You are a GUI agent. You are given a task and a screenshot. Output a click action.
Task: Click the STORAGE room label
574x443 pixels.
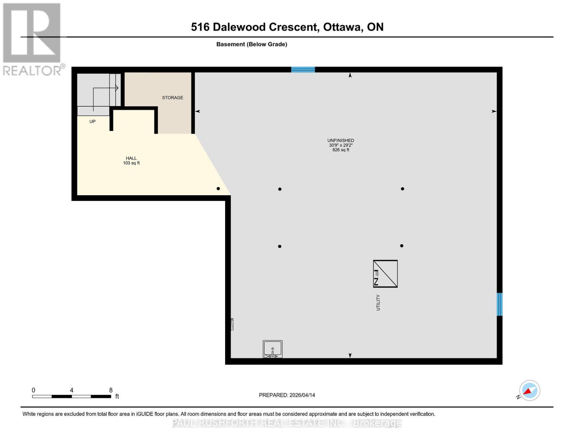pyautogui.click(x=173, y=98)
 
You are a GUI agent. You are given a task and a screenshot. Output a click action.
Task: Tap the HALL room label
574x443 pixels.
pyautogui.click(x=131, y=158)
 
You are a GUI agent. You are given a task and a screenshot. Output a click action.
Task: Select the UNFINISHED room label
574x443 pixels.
pyautogui.click(x=340, y=140)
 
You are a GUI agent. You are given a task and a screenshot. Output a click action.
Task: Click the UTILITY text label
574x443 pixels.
pyautogui.click(x=378, y=302)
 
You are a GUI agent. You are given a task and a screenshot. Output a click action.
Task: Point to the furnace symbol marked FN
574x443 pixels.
pyautogui.click(x=385, y=274)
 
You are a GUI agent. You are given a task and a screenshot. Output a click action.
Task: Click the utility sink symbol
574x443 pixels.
pyautogui.click(x=273, y=349)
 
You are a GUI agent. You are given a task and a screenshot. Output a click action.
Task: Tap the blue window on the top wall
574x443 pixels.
pyautogui.click(x=303, y=69)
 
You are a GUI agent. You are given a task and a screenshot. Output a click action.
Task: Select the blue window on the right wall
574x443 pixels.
pyautogui.click(x=499, y=304)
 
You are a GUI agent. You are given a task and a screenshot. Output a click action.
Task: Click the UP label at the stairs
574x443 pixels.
pyautogui.click(x=92, y=121)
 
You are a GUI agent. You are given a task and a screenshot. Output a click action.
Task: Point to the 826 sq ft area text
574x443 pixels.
pyautogui.click(x=340, y=150)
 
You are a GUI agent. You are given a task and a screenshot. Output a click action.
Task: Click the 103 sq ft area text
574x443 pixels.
pyautogui.click(x=131, y=163)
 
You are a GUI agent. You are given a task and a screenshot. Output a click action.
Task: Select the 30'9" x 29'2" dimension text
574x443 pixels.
pyautogui.click(x=340, y=145)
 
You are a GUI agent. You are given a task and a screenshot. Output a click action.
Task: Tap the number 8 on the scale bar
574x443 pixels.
pyautogui.click(x=111, y=390)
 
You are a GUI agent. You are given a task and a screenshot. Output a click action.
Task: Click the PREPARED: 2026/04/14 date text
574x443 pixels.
pyautogui.click(x=287, y=395)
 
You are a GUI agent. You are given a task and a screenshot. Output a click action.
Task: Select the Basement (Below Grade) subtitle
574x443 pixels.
pyautogui.click(x=252, y=44)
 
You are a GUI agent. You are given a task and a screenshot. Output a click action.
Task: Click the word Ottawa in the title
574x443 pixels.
pyautogui.click(x=342, y=27)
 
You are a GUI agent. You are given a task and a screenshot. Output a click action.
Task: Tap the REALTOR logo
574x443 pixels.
pyautogui.click(x=33, y=39)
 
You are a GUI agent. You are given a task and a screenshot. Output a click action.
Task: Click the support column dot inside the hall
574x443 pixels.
pyautogui.click(x=218, y=189)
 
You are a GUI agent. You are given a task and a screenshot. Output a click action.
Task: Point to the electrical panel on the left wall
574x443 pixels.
pyautogui.click(x=232, y=324)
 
